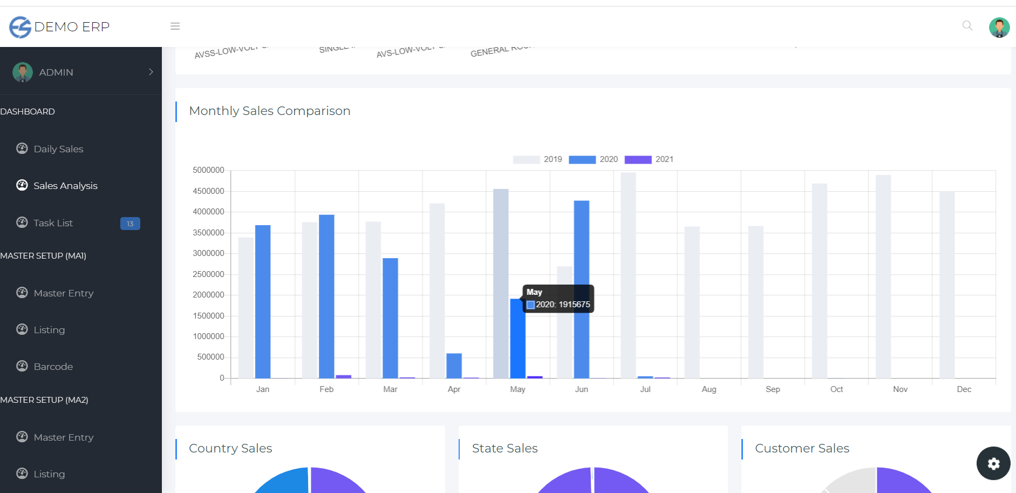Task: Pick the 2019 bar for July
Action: [x=628, y=275]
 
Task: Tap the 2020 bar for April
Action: [x=454, y=366]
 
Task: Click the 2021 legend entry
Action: [x=649, y=159]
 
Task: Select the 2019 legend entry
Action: [x=537, y=159]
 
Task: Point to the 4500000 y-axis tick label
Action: [x=208, y=191]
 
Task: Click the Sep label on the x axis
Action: [x=773, y=389]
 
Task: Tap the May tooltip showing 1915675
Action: [x=558, y=299]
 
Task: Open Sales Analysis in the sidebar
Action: [x=65, y=186]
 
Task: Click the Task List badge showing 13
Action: [x=130, y=224]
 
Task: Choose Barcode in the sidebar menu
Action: [x=53, y=367]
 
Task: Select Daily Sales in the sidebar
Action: [x=58, y=149]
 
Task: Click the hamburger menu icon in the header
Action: [x=175, y=26]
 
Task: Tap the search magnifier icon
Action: [x=967, y=26]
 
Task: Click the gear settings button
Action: [x=993, y=463]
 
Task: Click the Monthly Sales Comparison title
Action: [x=269, y=111]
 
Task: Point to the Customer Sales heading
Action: [x=802, y=448]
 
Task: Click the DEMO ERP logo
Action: [x=59, y=26]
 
